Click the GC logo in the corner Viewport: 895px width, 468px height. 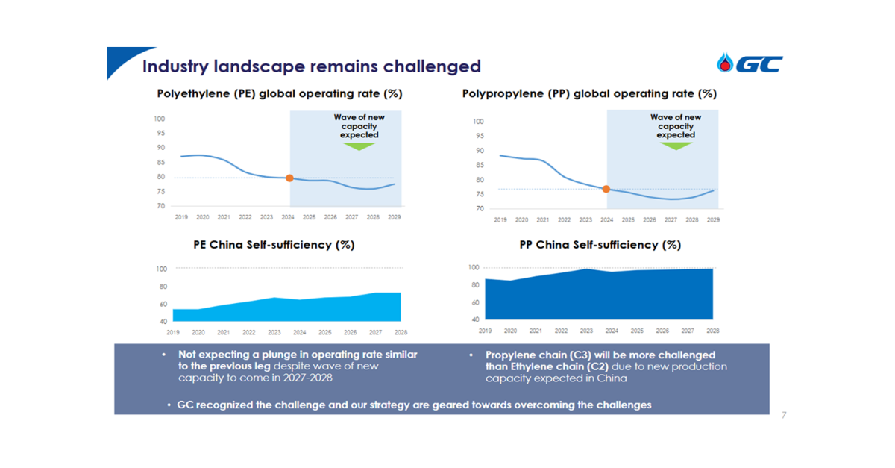750,64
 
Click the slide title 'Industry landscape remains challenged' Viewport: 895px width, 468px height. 311,66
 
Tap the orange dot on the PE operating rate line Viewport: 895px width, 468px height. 289,178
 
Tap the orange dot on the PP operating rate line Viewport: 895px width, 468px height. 606,189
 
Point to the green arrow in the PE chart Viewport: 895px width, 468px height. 359,146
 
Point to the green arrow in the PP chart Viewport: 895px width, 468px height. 676,146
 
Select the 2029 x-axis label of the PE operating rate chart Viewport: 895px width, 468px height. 394,217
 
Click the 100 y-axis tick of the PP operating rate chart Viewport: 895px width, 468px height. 478,122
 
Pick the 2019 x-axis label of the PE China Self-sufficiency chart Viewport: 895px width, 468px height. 173,332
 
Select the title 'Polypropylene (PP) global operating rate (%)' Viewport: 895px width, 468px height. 589,94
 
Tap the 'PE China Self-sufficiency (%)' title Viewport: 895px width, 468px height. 273,245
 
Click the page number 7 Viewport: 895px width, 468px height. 783,414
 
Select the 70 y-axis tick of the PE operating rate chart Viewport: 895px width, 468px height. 160,206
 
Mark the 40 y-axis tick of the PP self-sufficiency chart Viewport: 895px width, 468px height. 474,319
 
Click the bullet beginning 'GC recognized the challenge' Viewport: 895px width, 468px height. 414,405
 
